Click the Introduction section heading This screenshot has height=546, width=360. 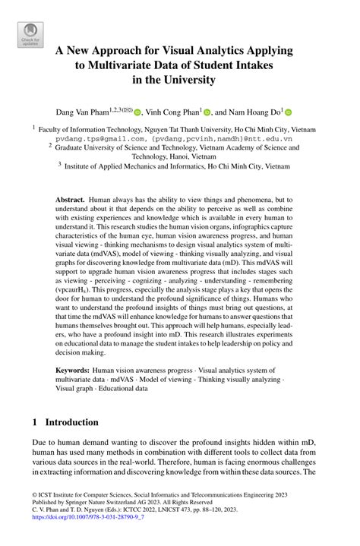point(71,422)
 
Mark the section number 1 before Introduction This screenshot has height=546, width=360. point(36,422)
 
